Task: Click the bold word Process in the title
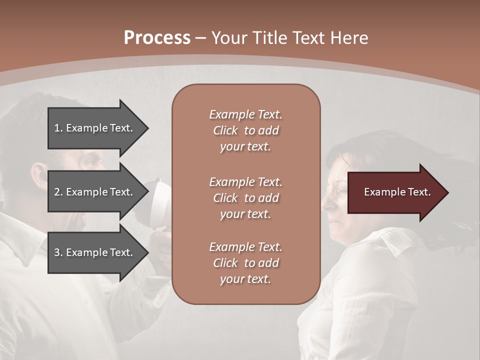click(x=157, y=37)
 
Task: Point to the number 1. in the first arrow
click(x=58, y=128)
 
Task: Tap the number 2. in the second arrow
click(x=58, y=192)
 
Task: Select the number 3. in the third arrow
click(x=58, y=252)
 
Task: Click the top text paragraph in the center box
click(x=245, y=130)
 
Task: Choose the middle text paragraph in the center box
click(x=245, y=198)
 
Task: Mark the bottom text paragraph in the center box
click(x=245, y=263)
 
